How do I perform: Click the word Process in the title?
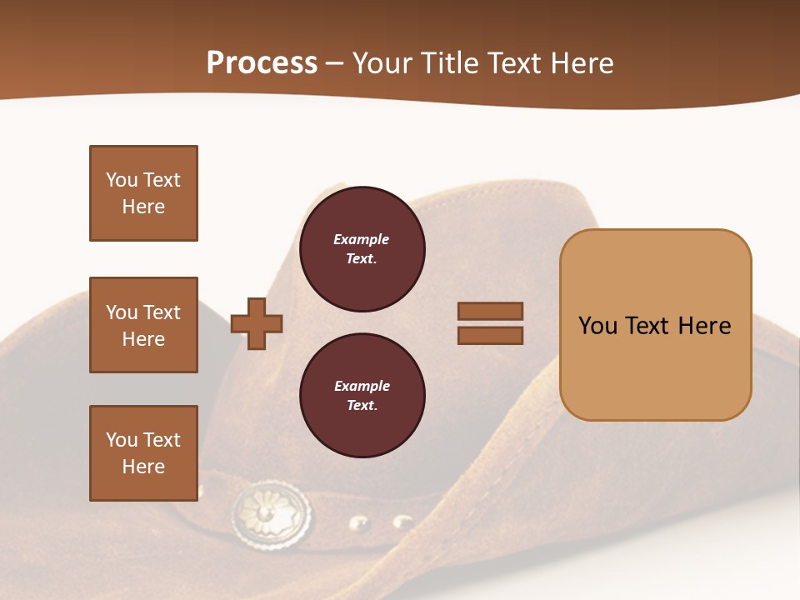click(262, 63)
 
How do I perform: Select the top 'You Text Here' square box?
click(143, 193)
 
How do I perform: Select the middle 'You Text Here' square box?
click(143, 325)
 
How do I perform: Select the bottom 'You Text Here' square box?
click(143, 453)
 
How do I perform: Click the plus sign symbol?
click(257, 323)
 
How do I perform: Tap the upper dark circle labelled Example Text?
click(362, 249)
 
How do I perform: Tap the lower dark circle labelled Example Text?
click(362, 396)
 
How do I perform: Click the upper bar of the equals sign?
click(490, 311)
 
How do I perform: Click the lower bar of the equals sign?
click(490, 335)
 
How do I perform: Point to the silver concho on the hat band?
click(272, 511)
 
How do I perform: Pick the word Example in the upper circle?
click(361, 239)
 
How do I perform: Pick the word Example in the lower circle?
click(362, 386)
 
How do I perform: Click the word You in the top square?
click(121, 180)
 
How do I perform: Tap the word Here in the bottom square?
click(143, 467)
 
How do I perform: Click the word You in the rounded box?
click(598, 326)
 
